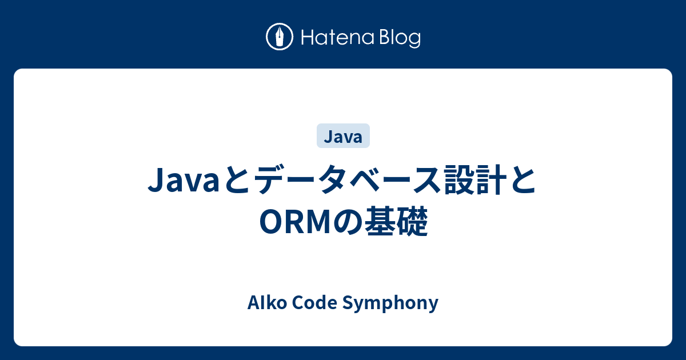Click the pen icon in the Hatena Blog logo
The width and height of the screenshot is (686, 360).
(280, 37)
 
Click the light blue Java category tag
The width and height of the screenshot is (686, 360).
(343, 137)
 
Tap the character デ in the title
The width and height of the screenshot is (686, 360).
(272, 182)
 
